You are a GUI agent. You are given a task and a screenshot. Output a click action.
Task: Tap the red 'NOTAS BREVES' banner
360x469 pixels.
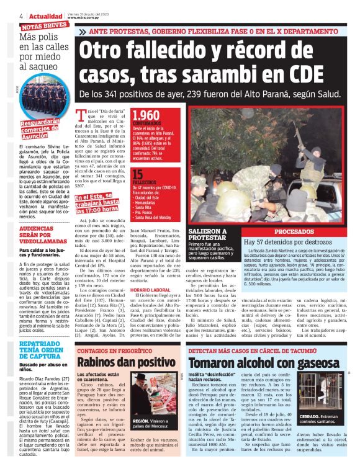coord(43,26)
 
